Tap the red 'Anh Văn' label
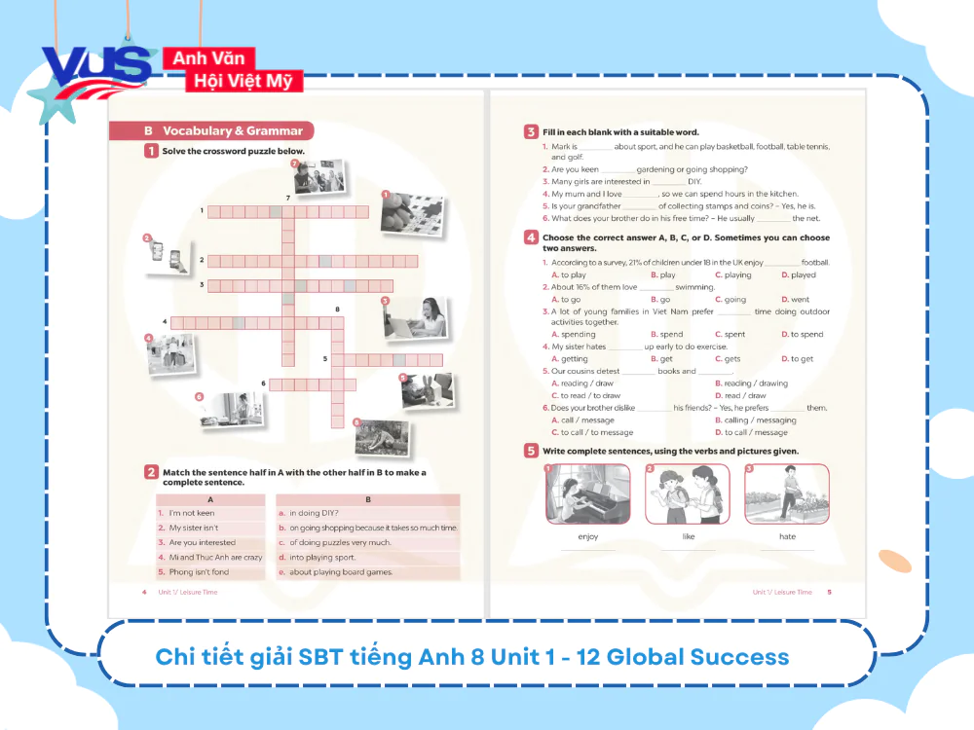(x=208, y=58)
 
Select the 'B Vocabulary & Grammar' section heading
(x=210, y=130)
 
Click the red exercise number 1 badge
(x=151, y=151)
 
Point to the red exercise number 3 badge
(x=531, y=131)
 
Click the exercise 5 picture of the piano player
(x=587, y=493)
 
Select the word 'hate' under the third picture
(x=787, y=536)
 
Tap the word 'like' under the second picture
(x=688, y=536)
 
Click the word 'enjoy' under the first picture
(x=587, y=536)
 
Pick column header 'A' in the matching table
(x=210, y=499)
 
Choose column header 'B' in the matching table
(x=367, y=499)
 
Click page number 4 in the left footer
(x=144, y=592)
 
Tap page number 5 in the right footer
(x=829, y=592)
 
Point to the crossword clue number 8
(x=337, y=310)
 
